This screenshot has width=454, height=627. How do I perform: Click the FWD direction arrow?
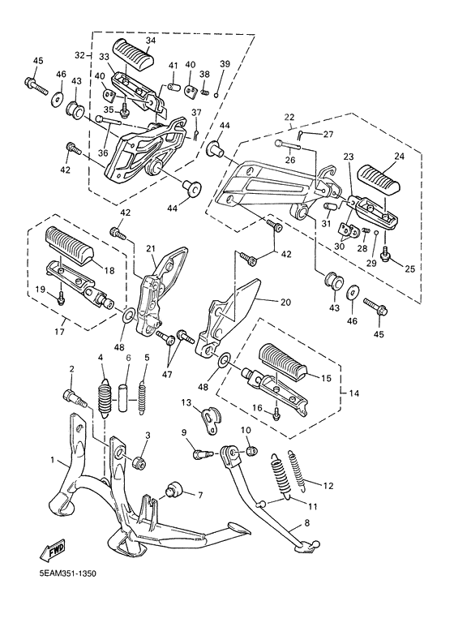[53, 552]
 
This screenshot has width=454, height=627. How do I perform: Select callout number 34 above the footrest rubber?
[151, 41]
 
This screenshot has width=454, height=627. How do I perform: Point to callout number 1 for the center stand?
[53, 460]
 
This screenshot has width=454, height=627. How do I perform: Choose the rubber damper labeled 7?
[173, 490]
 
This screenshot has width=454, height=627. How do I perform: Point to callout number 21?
[150, 249]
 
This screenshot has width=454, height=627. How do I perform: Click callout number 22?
[289, 118]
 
